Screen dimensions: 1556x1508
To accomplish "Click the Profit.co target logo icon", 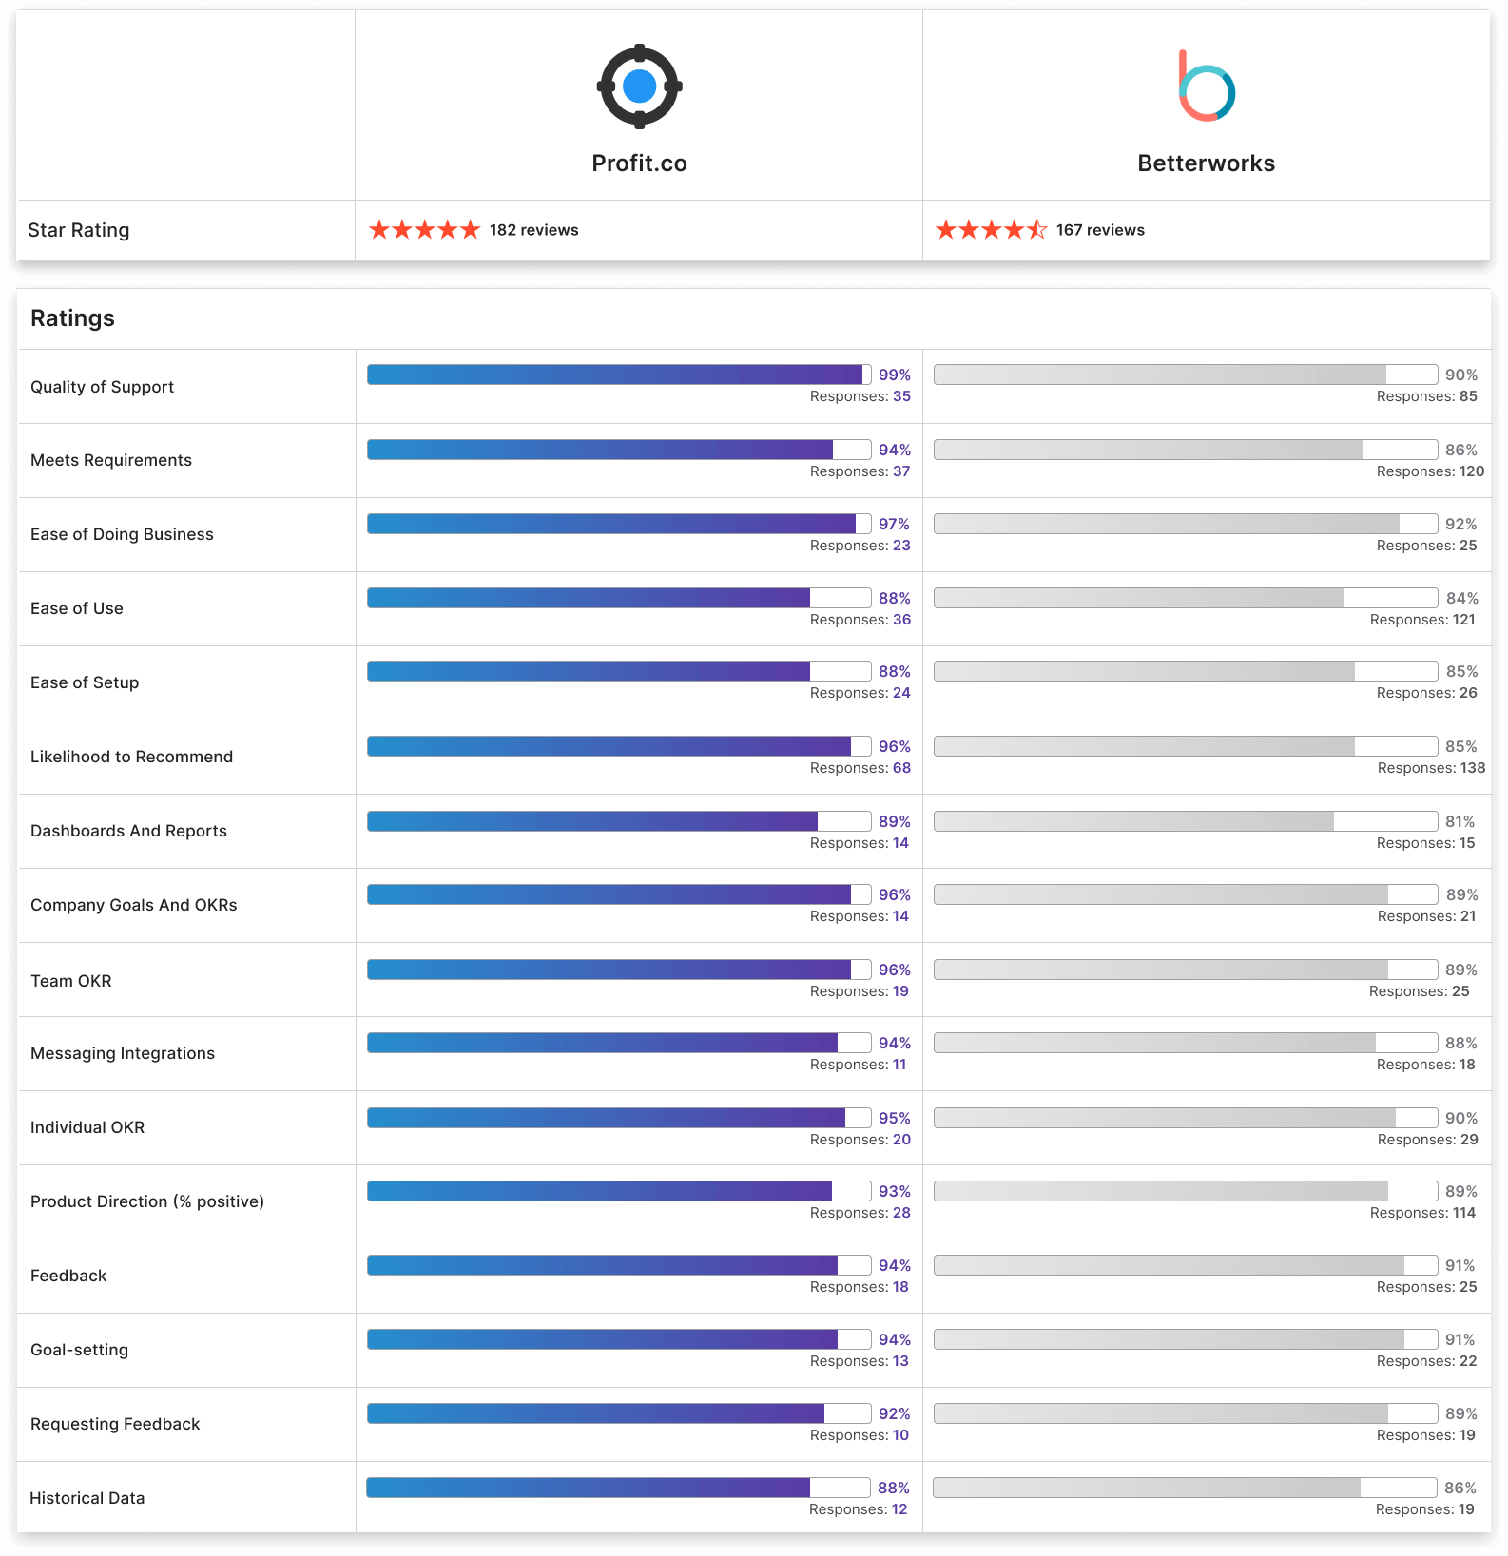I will coord(639,86).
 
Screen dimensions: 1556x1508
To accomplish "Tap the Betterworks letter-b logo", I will coord(1206,87).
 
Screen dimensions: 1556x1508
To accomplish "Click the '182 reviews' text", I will coord(533,230).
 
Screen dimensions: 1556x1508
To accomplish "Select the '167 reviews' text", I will coord(1100,230).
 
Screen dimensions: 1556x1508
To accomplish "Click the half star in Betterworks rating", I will coord(1037,230).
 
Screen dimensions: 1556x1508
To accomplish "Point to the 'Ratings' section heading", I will coord(72,318).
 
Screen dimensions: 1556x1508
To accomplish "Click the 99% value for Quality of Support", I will coord(894,375).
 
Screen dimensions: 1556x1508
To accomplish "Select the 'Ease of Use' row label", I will coord(77,608).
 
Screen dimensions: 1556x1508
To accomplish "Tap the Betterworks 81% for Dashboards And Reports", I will coord(1460,822).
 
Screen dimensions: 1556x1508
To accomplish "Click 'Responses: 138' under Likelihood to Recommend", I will coord(1431,768).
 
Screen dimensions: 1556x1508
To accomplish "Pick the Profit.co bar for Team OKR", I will coord(618,970).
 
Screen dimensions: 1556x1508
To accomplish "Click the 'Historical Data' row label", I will coord(87,1498).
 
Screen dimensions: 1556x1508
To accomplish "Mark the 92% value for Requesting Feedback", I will coord(894,1414).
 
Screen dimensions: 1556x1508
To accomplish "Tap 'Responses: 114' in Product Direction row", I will coord(1422,1213).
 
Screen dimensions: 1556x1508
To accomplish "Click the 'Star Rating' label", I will coord(79,230).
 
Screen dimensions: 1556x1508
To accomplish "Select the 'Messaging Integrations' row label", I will coord(123,1053).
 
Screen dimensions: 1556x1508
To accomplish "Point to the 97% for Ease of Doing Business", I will coord(894,525).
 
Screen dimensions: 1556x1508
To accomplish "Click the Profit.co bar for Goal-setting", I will coord(618,1339).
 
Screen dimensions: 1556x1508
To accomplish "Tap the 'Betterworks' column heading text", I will coord(1206,163).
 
